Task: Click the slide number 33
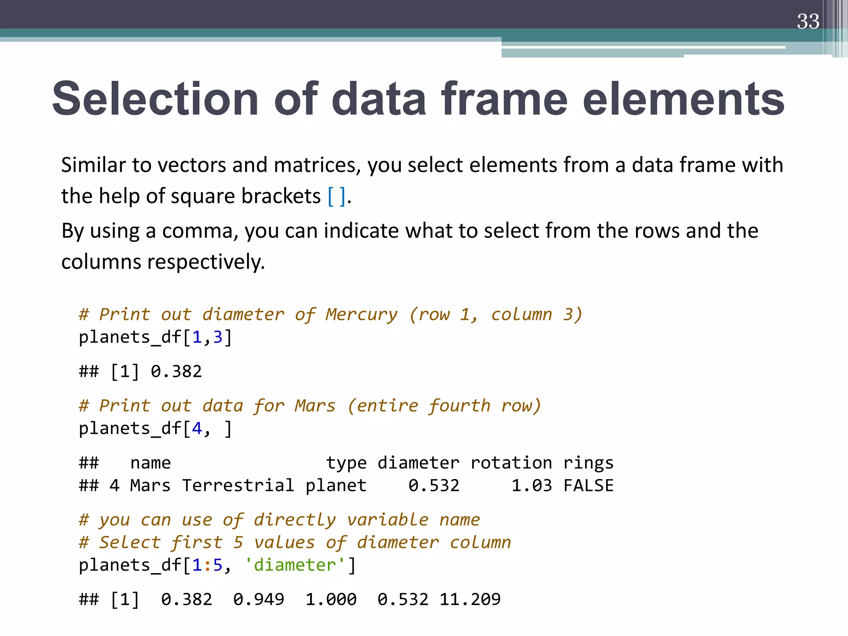(808, 22)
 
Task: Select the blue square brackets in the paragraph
(336, 196)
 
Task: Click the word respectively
(206, 262)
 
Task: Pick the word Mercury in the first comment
(361, 314)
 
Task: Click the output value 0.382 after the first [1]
(176, 371)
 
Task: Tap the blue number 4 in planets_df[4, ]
(197, 429)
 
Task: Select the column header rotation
(511, 463)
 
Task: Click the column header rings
(588, 463)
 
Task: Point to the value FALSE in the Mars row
(588, 485)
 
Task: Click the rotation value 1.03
(532, 485)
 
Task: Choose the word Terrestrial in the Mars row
(238, 485)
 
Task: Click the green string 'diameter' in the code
(294, 565)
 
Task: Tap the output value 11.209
(470, 599)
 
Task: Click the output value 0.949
(259, 599)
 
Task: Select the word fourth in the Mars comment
(459, 405)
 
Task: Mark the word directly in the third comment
(294, 520)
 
